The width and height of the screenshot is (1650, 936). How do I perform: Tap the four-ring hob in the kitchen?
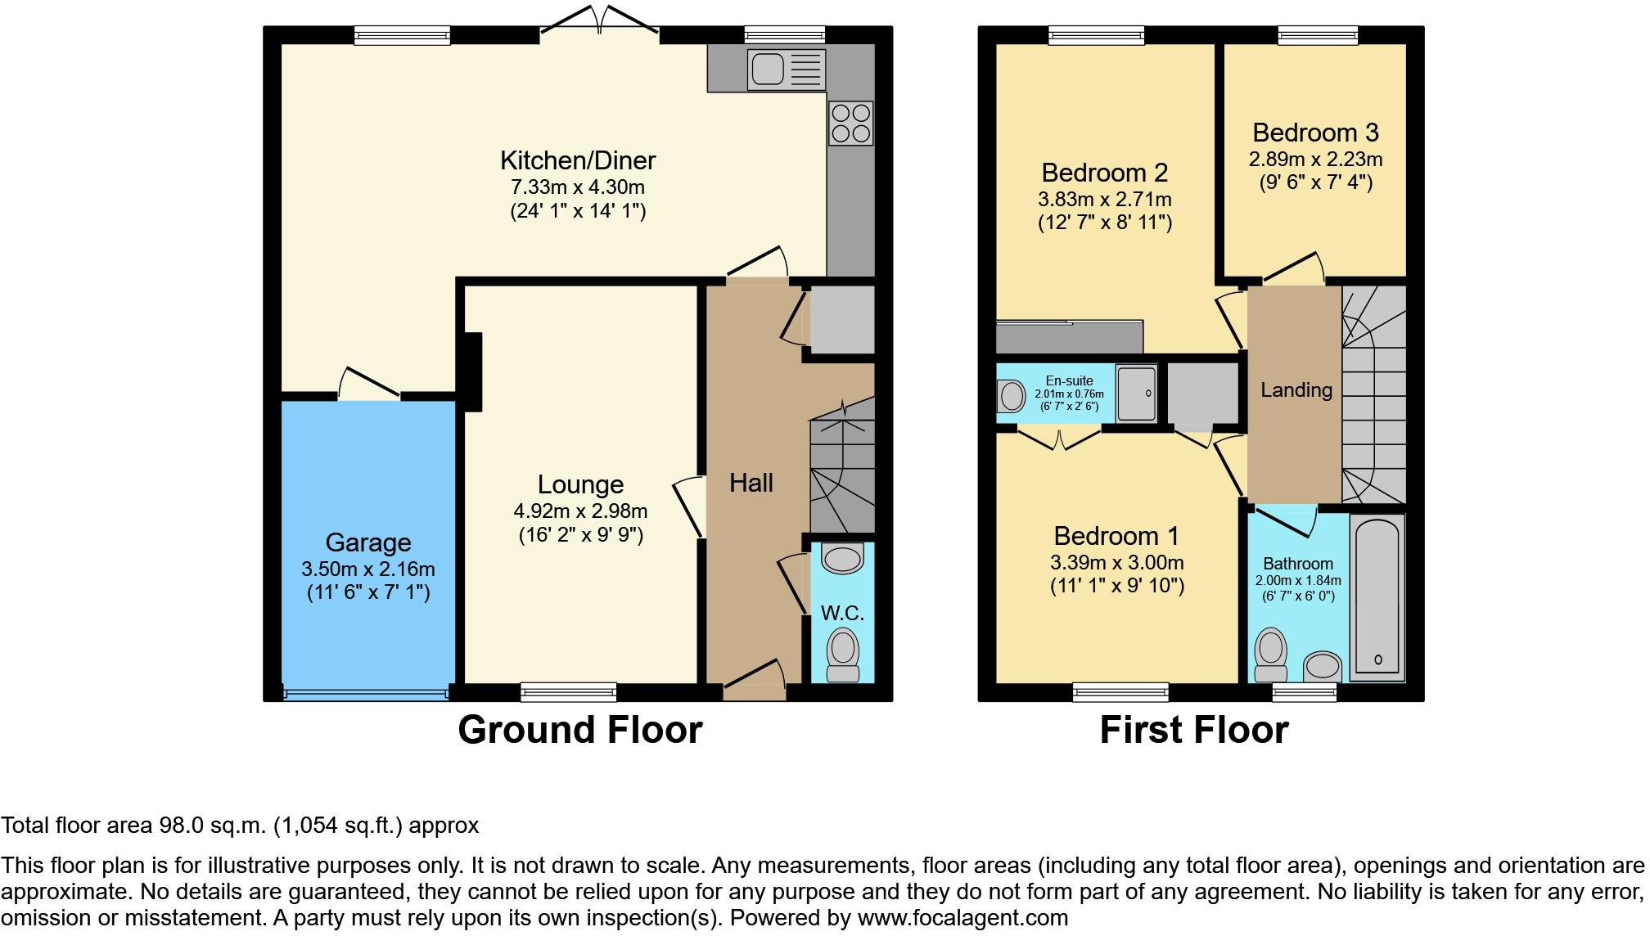pos(851,123)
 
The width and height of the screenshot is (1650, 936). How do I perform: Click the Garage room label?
pos(368,542)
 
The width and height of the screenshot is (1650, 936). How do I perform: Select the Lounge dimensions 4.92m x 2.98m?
pos(580,511)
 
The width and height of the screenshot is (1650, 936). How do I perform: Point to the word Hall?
pos(751,483)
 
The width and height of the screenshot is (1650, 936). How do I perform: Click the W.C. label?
pos(842,613)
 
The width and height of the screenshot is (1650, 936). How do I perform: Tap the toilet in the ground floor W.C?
pos(842,655)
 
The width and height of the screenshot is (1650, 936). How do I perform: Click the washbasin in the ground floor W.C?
pos(842,558)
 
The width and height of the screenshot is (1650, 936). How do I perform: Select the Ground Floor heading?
pos(579,729)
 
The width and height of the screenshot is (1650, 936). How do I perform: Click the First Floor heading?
pos(1194,729)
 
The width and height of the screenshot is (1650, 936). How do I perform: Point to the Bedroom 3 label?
pos(1315,133)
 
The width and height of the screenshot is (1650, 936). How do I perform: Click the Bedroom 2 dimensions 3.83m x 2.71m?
pos(1105,199)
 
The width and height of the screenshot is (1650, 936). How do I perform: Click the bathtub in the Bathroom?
pos(1377,597)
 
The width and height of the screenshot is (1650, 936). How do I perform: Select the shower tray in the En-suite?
pos(1138,394)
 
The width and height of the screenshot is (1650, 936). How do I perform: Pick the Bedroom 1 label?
pos(1116,536)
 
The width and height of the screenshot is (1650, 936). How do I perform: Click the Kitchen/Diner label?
pos(578,160)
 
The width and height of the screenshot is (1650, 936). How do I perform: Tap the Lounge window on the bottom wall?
pos(569,692)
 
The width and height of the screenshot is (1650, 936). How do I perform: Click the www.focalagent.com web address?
pos(963,918)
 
